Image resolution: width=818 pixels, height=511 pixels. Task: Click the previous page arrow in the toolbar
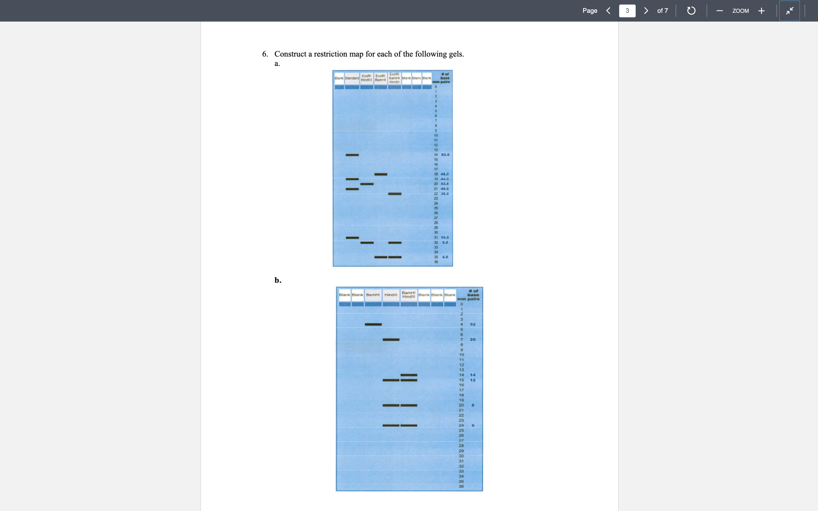608,11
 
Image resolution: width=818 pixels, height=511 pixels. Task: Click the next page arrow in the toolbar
646,11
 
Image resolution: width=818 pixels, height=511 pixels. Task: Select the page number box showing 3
627,11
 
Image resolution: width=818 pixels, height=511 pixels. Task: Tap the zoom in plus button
761,11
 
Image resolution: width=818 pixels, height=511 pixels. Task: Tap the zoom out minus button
720,11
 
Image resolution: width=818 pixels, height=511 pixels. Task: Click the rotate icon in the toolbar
691,11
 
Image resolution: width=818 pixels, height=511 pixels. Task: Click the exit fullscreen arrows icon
789,11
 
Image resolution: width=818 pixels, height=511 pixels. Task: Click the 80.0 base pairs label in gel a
445,155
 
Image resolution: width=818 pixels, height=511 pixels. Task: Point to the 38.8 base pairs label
445,194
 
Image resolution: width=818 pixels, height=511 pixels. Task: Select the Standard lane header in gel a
352,78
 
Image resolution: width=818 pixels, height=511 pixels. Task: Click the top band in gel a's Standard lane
352,155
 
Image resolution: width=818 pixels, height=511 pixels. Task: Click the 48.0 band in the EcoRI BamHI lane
381,174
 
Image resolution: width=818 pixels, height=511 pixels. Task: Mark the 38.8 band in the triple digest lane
395,194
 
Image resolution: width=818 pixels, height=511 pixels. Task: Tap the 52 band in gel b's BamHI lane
373,324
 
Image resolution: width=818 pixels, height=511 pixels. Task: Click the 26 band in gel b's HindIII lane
391,340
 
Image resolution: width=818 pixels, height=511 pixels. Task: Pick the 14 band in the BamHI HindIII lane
409,375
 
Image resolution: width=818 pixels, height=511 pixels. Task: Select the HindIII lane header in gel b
391,295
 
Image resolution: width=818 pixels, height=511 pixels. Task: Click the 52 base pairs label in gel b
473,324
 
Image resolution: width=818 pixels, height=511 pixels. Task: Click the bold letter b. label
278,280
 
